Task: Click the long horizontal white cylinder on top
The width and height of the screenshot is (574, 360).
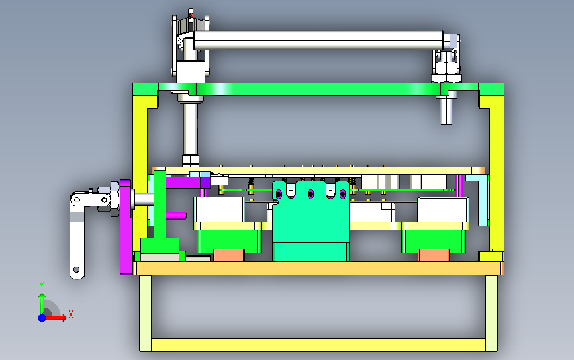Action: (318, 40)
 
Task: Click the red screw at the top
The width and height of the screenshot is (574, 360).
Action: (191, 15)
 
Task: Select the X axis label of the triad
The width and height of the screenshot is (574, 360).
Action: (71, 314)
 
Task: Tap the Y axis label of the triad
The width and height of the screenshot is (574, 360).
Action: (42, 286)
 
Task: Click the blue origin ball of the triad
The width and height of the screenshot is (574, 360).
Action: (42, 318)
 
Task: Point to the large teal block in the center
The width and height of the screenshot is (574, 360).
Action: (311, 221)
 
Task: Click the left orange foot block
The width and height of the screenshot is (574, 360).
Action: (229, 255)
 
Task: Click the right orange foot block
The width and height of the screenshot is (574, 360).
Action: (434, 255)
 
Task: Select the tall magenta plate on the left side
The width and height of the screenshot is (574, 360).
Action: (126, 227)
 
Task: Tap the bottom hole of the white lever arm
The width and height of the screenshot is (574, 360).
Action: (77, 269)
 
